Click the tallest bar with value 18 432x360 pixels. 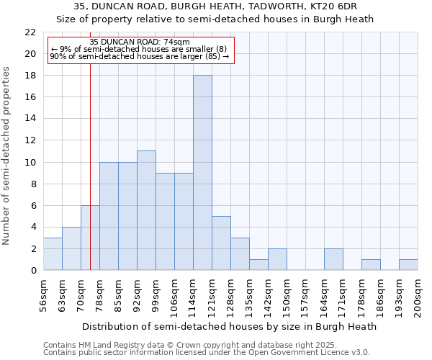(x=202, y=173)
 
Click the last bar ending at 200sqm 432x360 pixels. (x=408, y=264)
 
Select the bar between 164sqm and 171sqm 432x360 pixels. (x=333, y=259)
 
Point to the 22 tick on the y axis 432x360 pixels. (x=30, y=32)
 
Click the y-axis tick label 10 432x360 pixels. (x=30, y=162)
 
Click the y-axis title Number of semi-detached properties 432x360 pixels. (x=7, y=156)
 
